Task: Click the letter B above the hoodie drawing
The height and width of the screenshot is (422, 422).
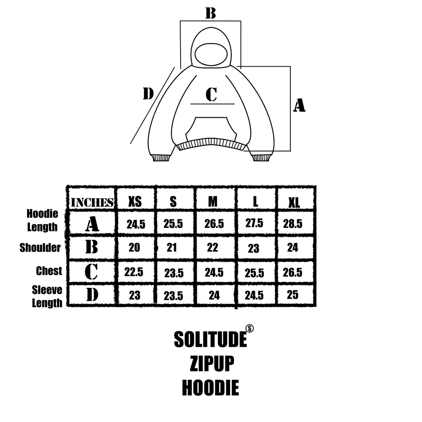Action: click(x=211, y=13)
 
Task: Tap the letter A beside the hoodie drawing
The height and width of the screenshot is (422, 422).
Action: click(x=299, y=105)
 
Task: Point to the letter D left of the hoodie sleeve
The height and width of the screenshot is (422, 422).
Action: click(x=148, y=93)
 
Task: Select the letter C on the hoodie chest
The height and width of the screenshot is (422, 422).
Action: click(x=211, y=95)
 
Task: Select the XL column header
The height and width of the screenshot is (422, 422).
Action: click(x=294, y=203)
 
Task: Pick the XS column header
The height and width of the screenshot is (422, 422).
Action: click(x=135, y=201)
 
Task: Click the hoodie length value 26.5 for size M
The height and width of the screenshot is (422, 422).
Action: click(x=214, y=224)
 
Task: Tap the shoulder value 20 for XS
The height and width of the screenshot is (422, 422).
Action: click(x=134, y=247)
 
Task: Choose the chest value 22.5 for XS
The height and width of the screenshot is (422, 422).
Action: click(x=134, y=272)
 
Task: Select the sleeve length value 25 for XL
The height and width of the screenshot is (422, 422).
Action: click(x=292, y=295)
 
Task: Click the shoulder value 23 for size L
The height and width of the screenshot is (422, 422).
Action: click(x=254, y=249)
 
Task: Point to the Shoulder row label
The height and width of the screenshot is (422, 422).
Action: click(x=40, y=248)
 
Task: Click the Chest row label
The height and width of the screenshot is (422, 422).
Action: click(x=49, y=271)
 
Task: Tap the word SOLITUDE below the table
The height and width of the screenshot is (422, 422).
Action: click(x=211, y=339)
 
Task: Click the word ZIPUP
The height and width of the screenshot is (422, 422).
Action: click(x=212, y=363)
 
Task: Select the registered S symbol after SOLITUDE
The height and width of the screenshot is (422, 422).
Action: click(x=249, y=329)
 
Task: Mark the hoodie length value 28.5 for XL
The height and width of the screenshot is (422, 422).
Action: click(x=292, y=224)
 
